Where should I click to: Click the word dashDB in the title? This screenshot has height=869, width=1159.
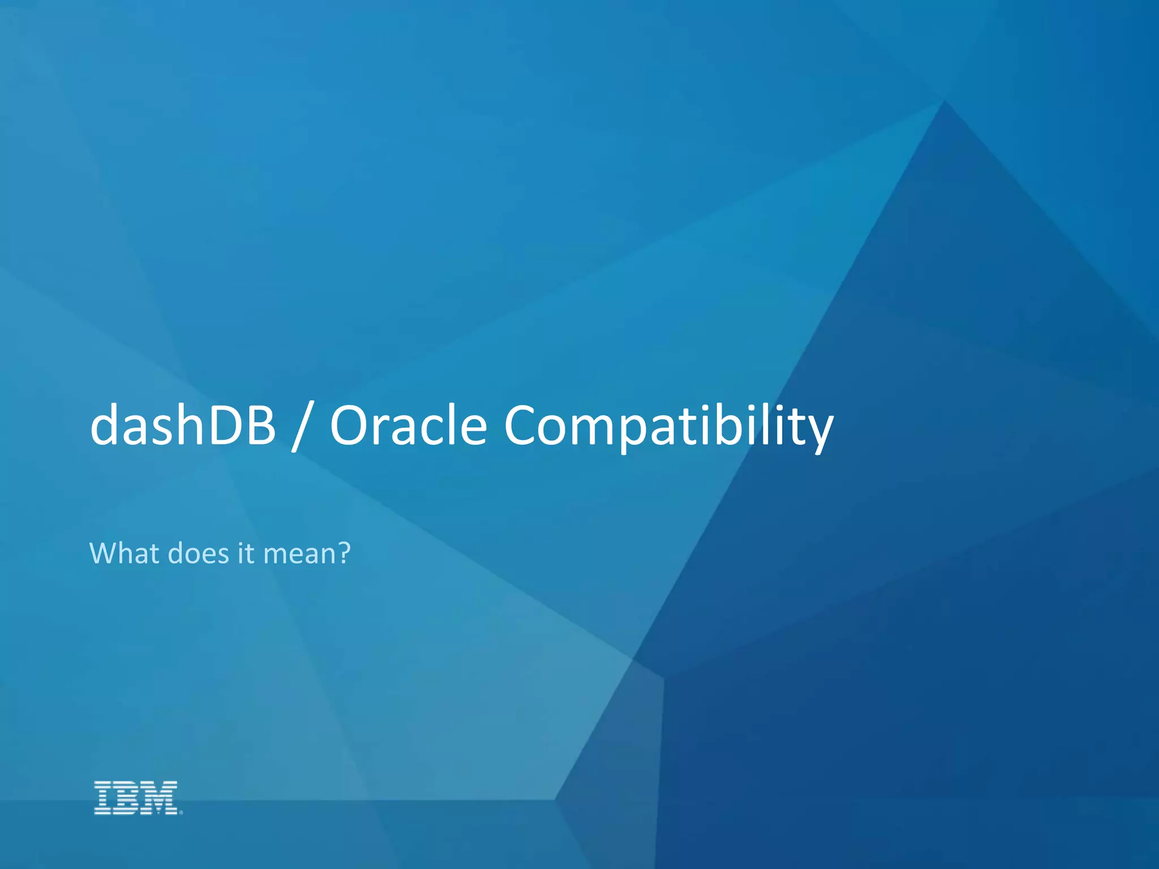tap(182, 425)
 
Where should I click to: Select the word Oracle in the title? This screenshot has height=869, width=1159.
tap(408, 425)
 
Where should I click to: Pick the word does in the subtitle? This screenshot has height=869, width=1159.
tap(199, 553)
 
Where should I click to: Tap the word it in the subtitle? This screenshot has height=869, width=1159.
tap(246, 553)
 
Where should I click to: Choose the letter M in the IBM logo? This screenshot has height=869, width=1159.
tap(161, 798)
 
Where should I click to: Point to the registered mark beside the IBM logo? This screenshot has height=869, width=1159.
tap(181, 812)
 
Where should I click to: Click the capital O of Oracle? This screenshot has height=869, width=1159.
tap(352, 425)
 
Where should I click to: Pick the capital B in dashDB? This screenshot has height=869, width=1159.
tap(259, 425)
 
